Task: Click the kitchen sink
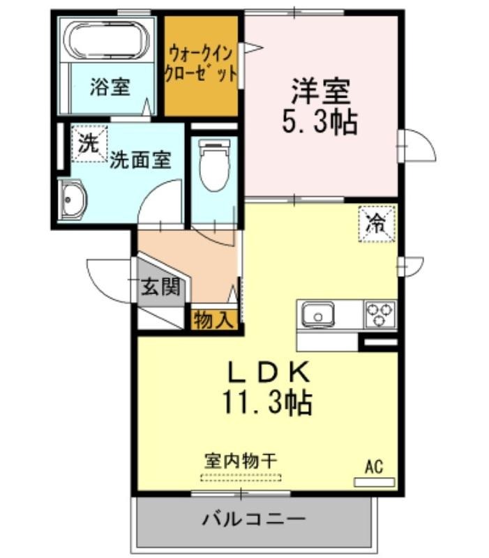(x=318, y=314)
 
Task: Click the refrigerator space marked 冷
(x=377, y=224)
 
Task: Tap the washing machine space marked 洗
(x=89, y=144)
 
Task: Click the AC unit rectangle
(x=374, y=482)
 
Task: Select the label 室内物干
(x=241, y=461)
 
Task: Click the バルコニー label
(x=254, y=519)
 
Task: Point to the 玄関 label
(x=161, y=286)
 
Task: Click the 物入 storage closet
(x=215, y=319)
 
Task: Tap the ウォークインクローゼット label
(x=201, y=64)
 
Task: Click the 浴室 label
(x=110, y=86)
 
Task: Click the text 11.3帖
(x=268, y=403)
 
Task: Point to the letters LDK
(x=268, y=372)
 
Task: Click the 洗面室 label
(x=140, y=160)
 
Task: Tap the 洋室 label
(x=322, y=91)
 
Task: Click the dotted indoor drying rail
(x=241, y=478)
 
